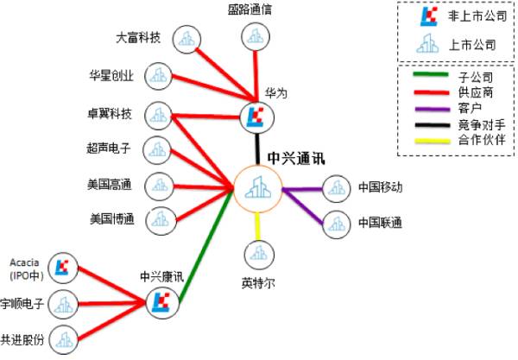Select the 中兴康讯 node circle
point(161,301)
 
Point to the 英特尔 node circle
point(259,255)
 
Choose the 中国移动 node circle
point(334,187)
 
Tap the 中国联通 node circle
point(334,224)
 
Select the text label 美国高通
point(109,183)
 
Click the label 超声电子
point(109,148)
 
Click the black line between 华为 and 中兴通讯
point(257,147)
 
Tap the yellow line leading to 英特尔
point(259,226)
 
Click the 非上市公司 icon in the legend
point(426,16)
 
